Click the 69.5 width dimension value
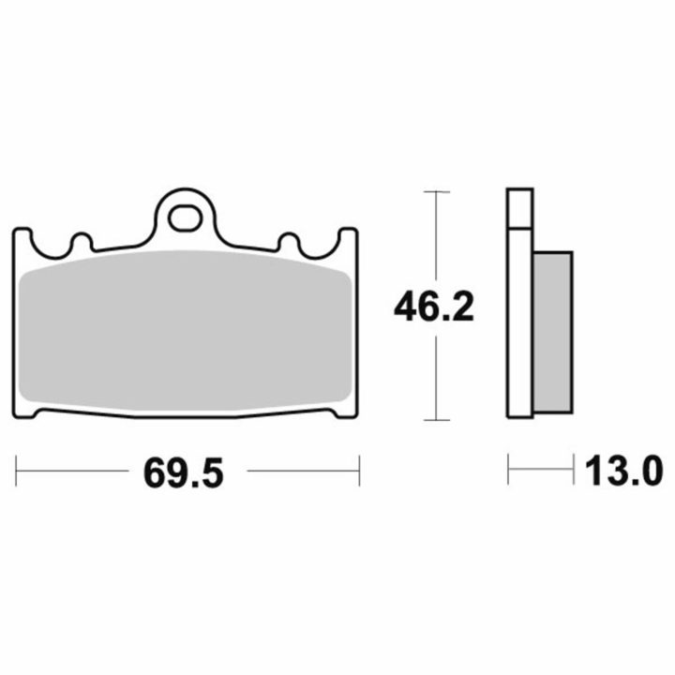(x=184, y=473)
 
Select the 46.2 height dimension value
(x=433, y=307)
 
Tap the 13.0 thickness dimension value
(x=623, y=471)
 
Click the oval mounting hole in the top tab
(x=185, y=219)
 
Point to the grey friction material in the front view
(x=186, y=331)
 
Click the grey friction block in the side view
(x=553, y=333)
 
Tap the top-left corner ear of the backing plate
(x=22, y=237)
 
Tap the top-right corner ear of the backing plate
(x=348, y=237)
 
